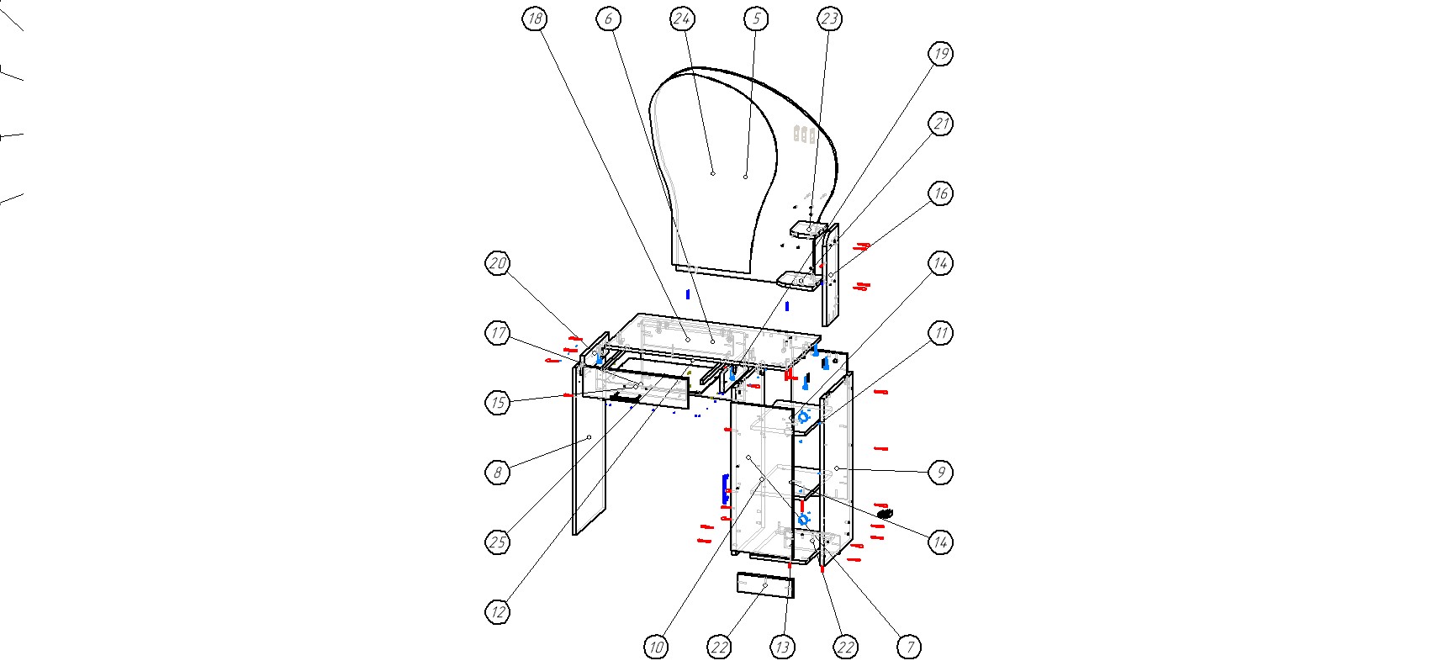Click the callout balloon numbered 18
click(534, 18)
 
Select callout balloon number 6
click(608, 18)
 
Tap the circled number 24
click(682, 18)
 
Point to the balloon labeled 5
click(756, 18)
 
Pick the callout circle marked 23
click(830, 18)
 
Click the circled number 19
click(940, 54)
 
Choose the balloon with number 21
click(940, 124)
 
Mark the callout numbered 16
click(940, 193)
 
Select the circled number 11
click(940, 333)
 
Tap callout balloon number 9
click(940, 473)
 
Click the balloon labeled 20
click(498, 263)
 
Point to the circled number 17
click(498, 333)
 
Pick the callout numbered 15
click(498, 403)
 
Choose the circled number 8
click(498, 473)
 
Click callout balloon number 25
click(498, 542)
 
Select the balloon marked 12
click(498, 611)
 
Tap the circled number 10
click(656, 647)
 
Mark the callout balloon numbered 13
click(782, 647)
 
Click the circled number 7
click(908, 647)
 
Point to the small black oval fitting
click(884, 513)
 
